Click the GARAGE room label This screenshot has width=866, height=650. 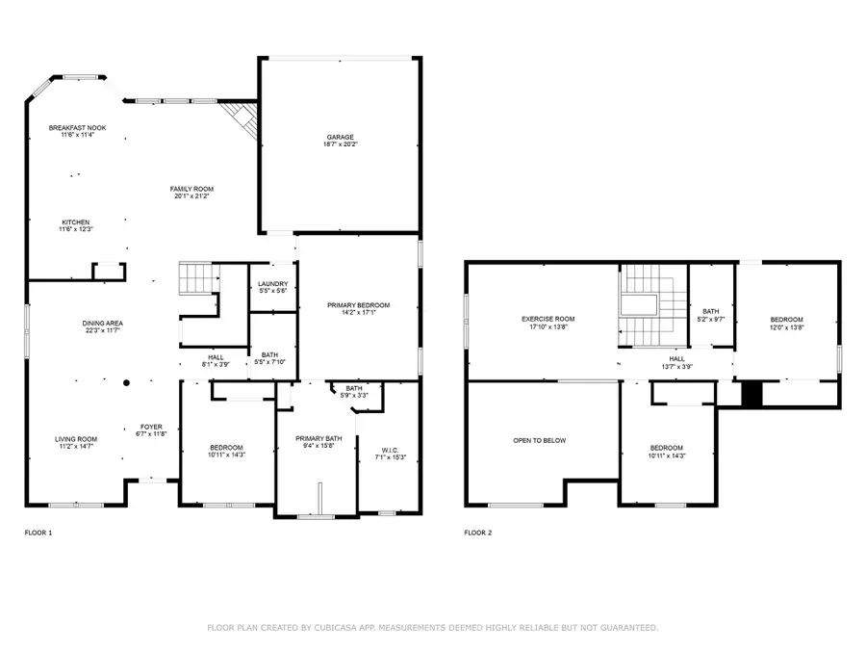[x=340, y=138]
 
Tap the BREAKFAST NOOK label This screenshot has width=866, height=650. [x=78, y=127]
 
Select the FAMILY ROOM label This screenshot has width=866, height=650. [x=192, y=189]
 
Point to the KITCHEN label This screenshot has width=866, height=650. [x=76, y=221]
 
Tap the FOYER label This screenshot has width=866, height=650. [x=152, y=427]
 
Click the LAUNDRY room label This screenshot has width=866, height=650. [x=273, y=283]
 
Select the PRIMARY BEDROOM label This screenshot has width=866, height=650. [x=357, y=305]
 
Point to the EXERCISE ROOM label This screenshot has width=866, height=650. [x=548, y=319]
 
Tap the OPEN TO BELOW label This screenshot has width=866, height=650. [x=539, y=440]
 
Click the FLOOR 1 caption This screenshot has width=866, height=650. [x=39, y=532]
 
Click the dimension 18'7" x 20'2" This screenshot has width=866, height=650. [x=340, y=146]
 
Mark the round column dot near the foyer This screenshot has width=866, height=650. [x=126, y=382]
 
